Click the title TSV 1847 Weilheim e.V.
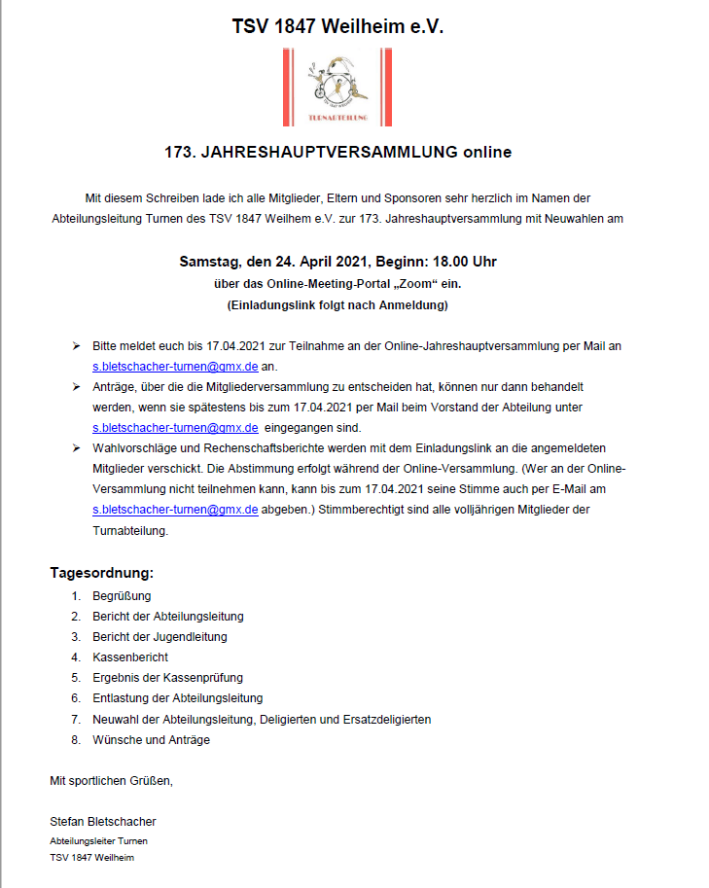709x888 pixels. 337,28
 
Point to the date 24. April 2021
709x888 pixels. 310,263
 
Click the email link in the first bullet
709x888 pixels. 175,367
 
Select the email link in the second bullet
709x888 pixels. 175,428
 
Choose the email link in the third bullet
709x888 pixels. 175,510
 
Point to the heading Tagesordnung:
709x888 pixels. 102,573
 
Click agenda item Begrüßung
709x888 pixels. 122,596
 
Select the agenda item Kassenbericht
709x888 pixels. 130,657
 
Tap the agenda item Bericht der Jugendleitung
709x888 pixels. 160,637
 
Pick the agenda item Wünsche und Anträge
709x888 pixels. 151,740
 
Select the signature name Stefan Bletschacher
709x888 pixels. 103,822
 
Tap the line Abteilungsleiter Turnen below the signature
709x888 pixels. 98,840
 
